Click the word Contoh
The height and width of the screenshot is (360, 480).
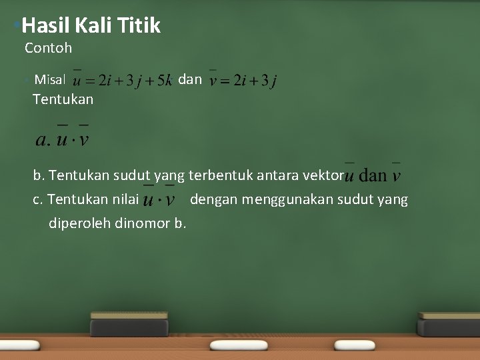48,48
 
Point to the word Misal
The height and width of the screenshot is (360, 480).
49,80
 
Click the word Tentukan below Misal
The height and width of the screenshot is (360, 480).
63,100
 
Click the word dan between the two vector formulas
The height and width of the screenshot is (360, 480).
191,79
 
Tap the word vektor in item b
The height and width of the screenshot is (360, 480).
323,176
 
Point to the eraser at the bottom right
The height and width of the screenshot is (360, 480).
447,325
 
